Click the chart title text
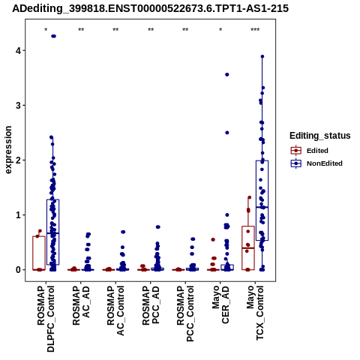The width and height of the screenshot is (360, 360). click(x=151, y=9)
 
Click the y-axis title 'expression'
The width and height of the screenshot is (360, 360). click(x=8, y=150)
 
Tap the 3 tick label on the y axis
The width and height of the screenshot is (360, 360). click(x=19, y=106)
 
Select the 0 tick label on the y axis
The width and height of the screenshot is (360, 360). click(x=19, y=270)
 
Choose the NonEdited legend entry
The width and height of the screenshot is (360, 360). click(x=316, y=163)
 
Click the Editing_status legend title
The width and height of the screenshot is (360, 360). click(x=320, y=136)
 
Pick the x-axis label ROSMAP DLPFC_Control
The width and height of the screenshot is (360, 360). click(x=46, y=319)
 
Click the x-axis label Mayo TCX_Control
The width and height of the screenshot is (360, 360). click(x=255, y=313)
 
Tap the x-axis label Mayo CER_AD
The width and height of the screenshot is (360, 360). click(x=220, y=304)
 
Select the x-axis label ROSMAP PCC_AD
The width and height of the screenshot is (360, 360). click(x=151, y=305)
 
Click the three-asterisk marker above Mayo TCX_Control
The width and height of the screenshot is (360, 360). click(x=255, y=30)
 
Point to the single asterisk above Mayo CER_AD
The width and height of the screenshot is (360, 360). click(x=220, y=30)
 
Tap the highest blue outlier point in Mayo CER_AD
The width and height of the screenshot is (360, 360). click(x=227, y=74)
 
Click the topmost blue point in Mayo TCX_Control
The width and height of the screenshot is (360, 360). click(x=262, y=56)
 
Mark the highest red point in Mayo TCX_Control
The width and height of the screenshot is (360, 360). click(x=249, y=197)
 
